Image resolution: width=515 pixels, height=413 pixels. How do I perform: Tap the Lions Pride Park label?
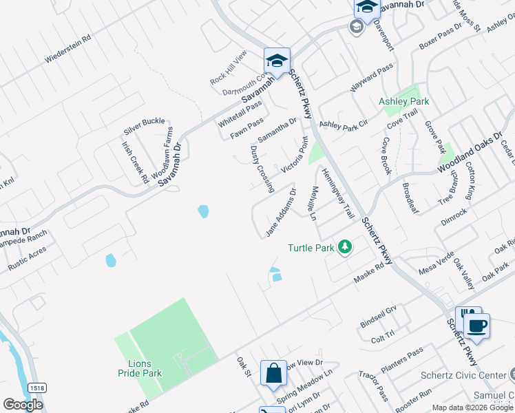click(138, 368)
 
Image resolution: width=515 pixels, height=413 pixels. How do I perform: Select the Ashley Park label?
click(403, 101)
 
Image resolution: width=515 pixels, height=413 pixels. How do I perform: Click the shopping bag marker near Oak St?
click(274, 373)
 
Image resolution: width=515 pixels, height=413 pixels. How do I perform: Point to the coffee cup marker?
click(476, 325)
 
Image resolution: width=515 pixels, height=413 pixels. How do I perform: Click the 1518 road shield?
click(37, 388)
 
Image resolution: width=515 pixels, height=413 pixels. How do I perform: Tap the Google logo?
click(23, 405)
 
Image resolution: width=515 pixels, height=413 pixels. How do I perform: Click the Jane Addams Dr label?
click(281, 213)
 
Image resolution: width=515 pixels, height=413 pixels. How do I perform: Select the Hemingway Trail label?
click(337, 195)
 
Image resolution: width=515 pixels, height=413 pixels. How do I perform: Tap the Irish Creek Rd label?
click(135, 162)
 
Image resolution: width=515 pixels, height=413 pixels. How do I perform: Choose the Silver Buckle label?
click(144, 126)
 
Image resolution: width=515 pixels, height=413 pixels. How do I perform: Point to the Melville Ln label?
click(313, 204)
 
